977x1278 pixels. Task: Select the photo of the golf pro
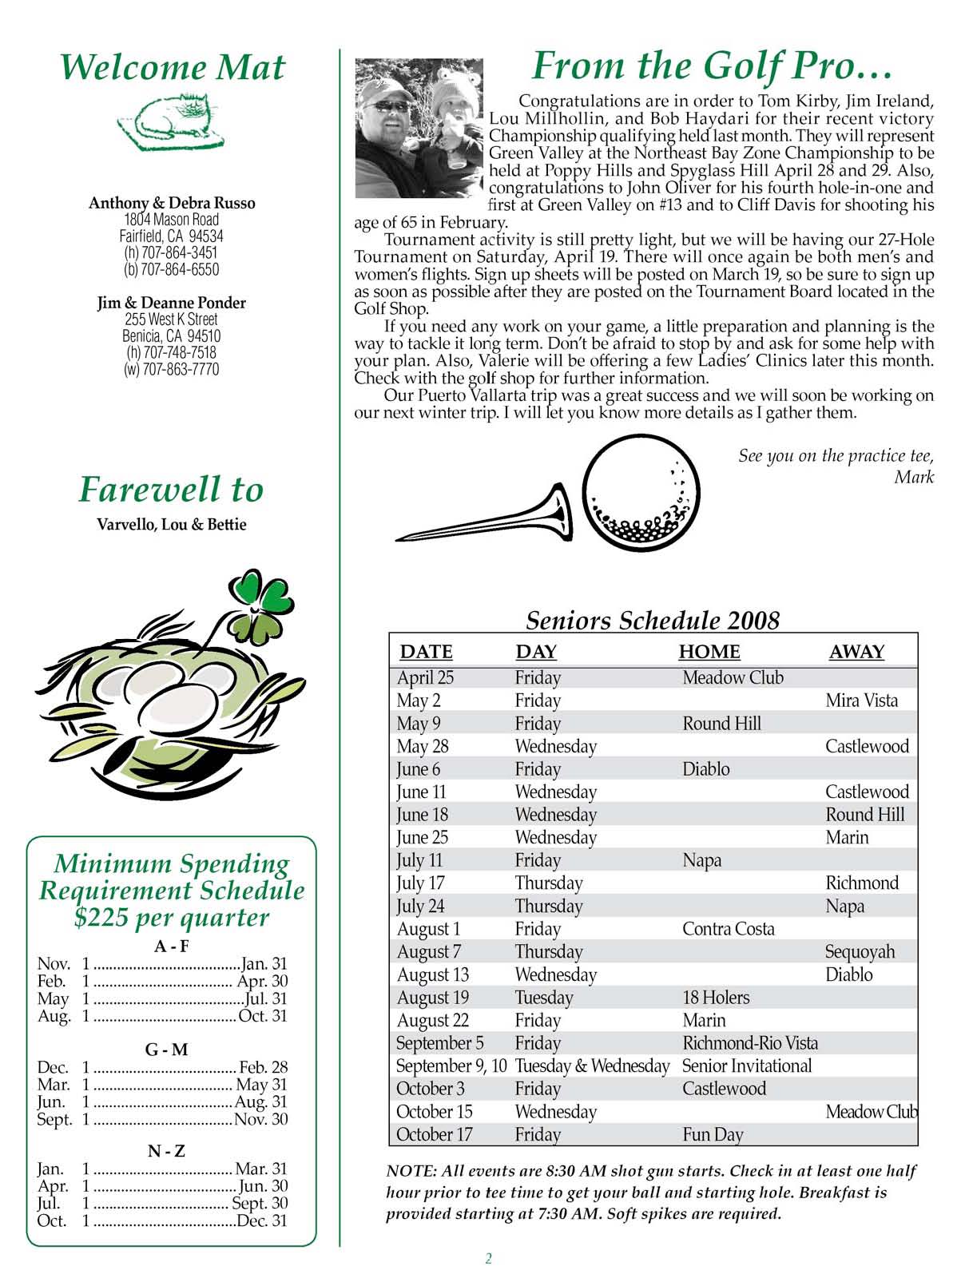[419, 128]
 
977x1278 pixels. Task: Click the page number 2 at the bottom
[489, 1259]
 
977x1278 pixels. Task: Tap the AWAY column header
[856, 652]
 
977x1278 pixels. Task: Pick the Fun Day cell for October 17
[713, 1134]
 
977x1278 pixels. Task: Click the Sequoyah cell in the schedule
[860, 951]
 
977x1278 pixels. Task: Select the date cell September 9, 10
[451, 1066]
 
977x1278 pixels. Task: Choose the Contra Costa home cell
[728, 929]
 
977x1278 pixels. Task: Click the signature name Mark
[914, 478]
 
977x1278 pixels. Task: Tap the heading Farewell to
[171, 490]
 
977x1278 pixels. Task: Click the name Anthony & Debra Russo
[172, 203]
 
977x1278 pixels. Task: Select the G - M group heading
[167, 1050]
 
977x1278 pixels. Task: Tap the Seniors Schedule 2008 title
[653, 621]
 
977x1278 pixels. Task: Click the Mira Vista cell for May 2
[861, 701]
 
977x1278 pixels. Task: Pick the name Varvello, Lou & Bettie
[171, 525]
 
